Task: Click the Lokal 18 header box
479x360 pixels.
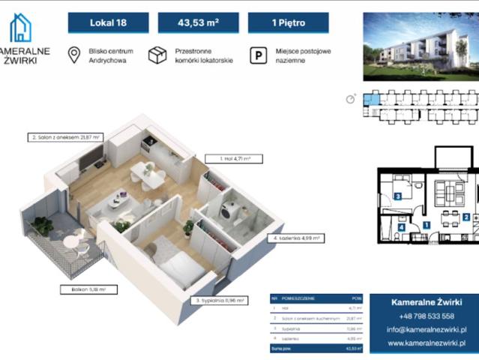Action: click(x=109, y=22)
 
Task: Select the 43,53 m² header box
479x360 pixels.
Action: click(x=199, y=22)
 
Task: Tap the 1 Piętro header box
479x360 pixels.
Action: click(x=289, y=22)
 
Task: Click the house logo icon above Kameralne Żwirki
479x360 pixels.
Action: click(x=21, y=28)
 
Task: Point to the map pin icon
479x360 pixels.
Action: click(x=74, y=55)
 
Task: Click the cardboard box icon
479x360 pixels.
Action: click(x=157, y=55)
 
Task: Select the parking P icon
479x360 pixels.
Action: click(x=257, y=55)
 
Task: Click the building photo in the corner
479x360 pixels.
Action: click(x=420, y=46)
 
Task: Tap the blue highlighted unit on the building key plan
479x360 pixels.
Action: click(x=371, y=97)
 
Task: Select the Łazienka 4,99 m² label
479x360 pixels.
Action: click(x=295, y=238)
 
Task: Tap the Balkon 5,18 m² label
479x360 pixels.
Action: click(x=83, y=288)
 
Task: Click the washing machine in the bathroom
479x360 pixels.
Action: click(x=233, y=211)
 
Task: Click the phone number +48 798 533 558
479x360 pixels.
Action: click(x=427, y=316)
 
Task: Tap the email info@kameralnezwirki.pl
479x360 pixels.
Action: click(x=427, y=329)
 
